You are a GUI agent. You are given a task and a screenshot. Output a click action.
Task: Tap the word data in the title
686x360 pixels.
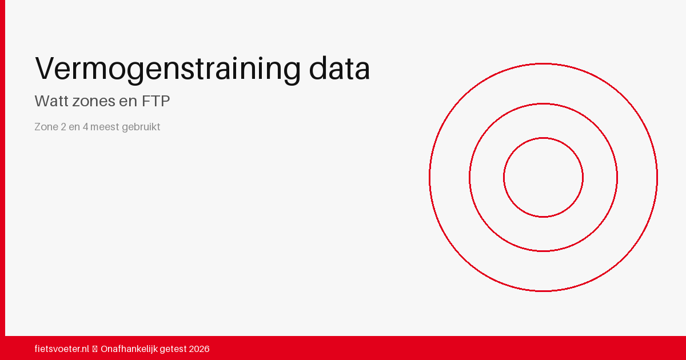(340, 68)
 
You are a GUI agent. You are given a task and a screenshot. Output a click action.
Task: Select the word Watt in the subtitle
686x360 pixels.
(51, 101)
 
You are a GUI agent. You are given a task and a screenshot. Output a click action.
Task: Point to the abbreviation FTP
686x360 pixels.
(155, 101)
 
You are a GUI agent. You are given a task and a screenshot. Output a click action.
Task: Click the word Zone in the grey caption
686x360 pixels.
(46, 127)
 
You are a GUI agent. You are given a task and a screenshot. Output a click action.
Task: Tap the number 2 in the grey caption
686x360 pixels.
(63, 127)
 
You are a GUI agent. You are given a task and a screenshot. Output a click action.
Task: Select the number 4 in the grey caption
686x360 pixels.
(85, 127)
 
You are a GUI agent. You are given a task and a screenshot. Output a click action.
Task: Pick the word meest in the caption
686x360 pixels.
(105, 127)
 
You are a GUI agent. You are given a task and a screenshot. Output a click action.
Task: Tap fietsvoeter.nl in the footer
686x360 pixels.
(62, 349)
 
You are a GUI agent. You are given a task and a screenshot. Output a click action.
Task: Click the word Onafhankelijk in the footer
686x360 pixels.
(129, 349)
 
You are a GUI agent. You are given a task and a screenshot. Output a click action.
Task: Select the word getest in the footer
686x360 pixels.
(173, 349)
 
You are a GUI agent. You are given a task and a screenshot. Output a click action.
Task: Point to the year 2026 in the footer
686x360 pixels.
(200, 349)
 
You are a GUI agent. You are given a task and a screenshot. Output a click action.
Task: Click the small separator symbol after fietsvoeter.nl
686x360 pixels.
(95, 349)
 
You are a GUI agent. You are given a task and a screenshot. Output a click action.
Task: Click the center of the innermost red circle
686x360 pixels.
(543, 178)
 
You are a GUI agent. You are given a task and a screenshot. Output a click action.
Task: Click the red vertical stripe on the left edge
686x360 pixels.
(2, 168)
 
